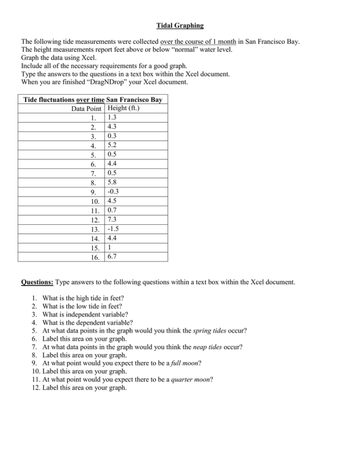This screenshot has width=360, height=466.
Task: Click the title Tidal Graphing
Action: (180, 25)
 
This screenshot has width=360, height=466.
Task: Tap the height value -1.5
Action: (113, 229)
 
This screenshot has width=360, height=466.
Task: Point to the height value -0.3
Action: (113, 192)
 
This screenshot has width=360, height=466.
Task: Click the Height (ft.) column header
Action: (124, 108)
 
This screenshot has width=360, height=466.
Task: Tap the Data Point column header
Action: (87, 109)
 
